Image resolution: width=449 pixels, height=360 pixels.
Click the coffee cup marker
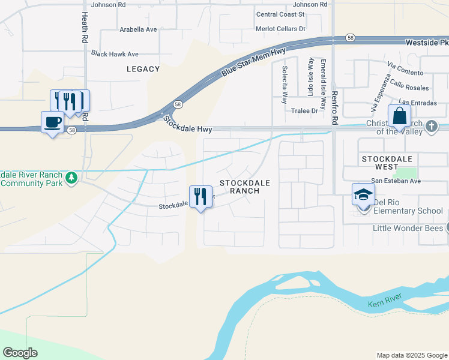tap(52, 122)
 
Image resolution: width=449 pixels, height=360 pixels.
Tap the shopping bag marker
tap(399, 116)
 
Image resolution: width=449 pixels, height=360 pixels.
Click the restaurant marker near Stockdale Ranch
tap(201, 197)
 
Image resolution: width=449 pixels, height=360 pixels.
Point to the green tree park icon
tap(71, 178)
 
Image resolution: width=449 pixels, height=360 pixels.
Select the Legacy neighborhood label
tap(143, 69)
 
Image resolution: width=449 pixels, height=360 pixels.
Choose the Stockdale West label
tap(387, 158)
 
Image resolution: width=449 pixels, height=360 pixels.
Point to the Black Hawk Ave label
tap(115, 54)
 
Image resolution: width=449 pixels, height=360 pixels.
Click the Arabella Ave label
tap(138, 29)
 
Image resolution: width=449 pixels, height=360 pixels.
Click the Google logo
tap(20, 352)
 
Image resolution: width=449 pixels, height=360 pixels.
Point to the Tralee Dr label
tap(305, 110)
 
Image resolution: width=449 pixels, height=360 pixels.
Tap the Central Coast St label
tap(281, 14)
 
